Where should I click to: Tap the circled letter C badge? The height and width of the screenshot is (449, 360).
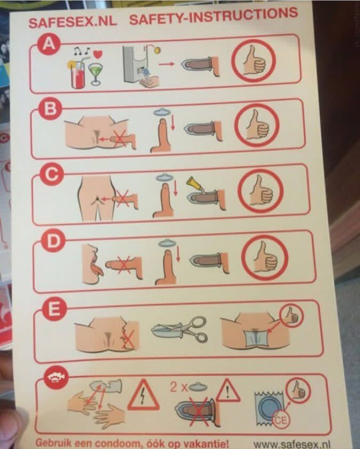pyautogui.click(x=50, y=174)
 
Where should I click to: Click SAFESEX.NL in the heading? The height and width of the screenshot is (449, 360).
pyautogui.click(x=73, y=22)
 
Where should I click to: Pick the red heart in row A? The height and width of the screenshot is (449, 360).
pyautogui.click(x=98, y=54)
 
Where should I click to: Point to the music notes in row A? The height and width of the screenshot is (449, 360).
pyautogui.click(x=81, y=51)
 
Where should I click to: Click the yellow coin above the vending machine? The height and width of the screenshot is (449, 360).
pyautogui.click(x=156, y=50)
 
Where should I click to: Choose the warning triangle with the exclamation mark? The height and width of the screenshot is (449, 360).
pyautogui.click(x=228, y=390)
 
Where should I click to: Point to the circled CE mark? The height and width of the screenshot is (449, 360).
pyautogui.click(x=280, y=420)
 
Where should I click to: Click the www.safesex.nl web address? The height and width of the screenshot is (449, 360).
pyautogui.click(x=292, y=444)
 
